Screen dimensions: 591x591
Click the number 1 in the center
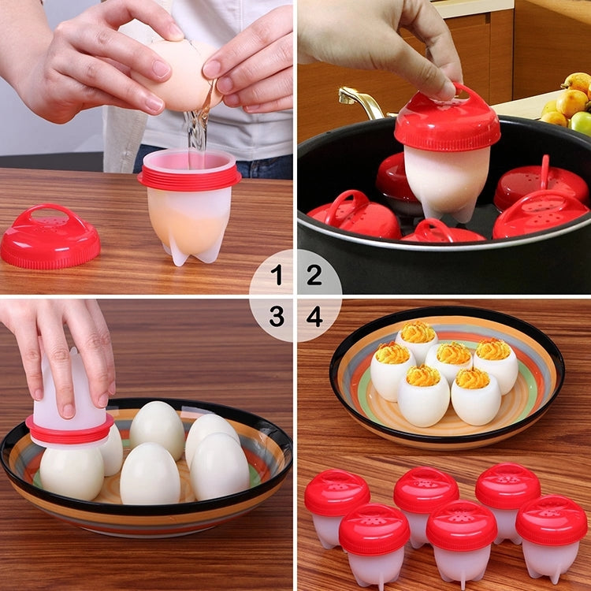click(277, 275)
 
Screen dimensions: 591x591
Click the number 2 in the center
click(314, 275)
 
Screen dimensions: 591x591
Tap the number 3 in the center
click(277, 317)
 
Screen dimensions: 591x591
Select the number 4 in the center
click(314, 317)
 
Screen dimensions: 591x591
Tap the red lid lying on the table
click(50, 237)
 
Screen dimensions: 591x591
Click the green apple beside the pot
click(582, 122)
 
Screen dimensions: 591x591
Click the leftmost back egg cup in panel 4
click(336, 504)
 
